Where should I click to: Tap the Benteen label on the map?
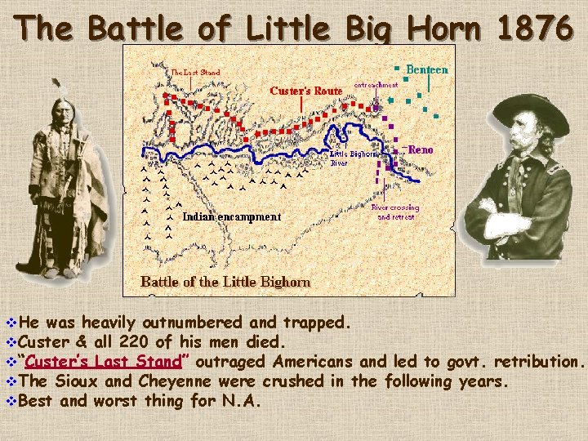point(426,70)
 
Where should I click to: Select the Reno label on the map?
point(421,150)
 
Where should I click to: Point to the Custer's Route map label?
point(305,91)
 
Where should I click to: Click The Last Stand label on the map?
point(195,72)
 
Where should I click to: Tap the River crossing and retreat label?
point(395,212)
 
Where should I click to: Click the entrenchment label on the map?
point(376,84)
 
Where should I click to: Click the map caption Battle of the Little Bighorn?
point(225,282)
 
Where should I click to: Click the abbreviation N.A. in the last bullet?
point(242,401)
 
